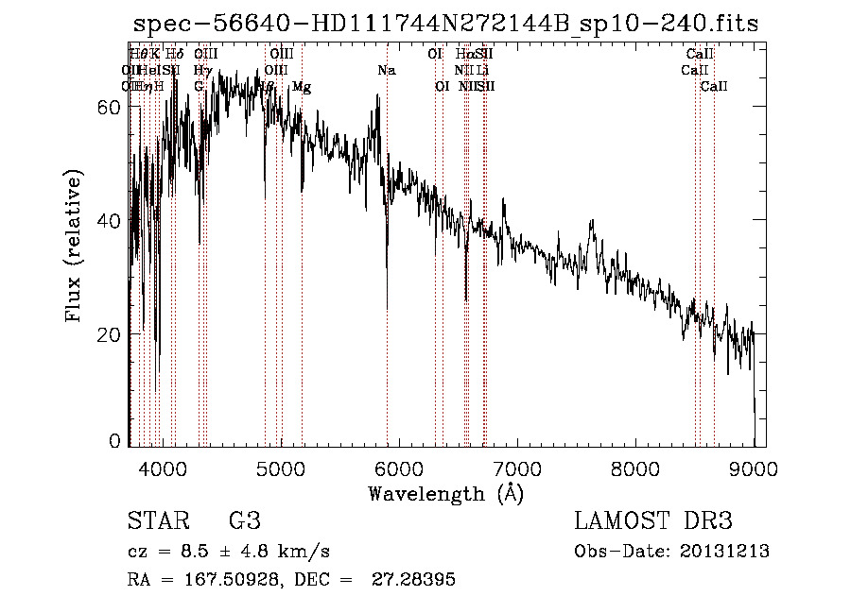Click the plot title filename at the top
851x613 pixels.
(445, 24)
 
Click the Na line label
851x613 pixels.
(387, 70)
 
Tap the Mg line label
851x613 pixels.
(302, 86)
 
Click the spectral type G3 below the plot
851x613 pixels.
(244, 521)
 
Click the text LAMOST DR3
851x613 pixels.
(653, 521)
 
